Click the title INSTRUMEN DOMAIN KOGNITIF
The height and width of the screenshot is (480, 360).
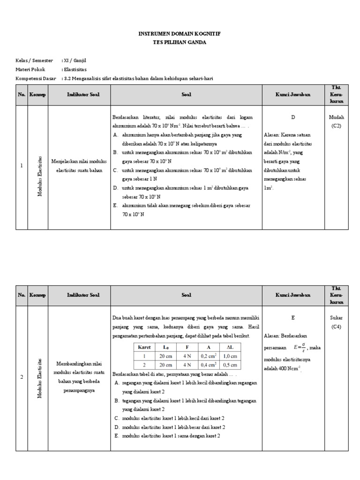(x=180, y=34)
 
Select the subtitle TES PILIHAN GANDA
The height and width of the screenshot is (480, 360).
(x=180, y=42)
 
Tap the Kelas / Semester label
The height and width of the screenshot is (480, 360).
(x=34, y=60)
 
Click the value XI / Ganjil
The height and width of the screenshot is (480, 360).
(x=74, y=60)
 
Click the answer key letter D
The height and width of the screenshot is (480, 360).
(x=293, y=117)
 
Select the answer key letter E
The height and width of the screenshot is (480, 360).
(x=293, y=317)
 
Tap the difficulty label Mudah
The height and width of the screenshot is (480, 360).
(x=337, y=117)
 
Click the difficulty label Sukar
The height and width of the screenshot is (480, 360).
(x=337, y=317)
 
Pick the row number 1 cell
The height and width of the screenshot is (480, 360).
(x=22, y=165)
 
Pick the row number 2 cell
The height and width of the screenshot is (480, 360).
(x=22, y=377)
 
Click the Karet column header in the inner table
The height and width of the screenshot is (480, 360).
(x=141, y=347)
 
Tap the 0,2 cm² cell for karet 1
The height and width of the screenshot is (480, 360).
(x=209, y=356)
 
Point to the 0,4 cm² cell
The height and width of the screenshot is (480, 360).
(x=209, y=364)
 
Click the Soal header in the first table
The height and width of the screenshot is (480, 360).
(x=186, y=95)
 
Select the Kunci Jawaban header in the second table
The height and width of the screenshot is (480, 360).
(x=293, y=295)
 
